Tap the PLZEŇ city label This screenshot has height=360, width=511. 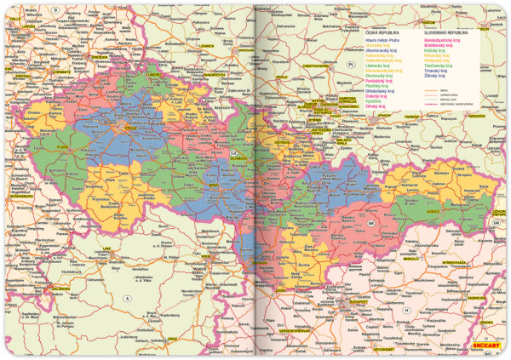(60, 146)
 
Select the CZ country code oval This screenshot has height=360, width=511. (232, 151)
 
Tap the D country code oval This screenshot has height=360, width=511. (55, 9)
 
